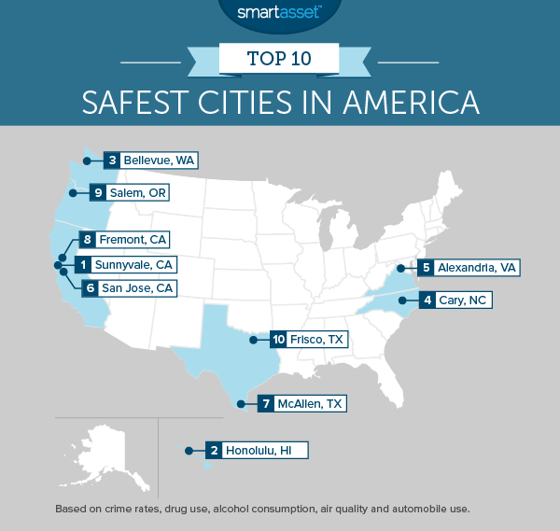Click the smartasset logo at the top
279,13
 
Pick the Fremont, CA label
133,240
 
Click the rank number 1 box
85,265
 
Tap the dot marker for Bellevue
83,161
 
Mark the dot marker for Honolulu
189,451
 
